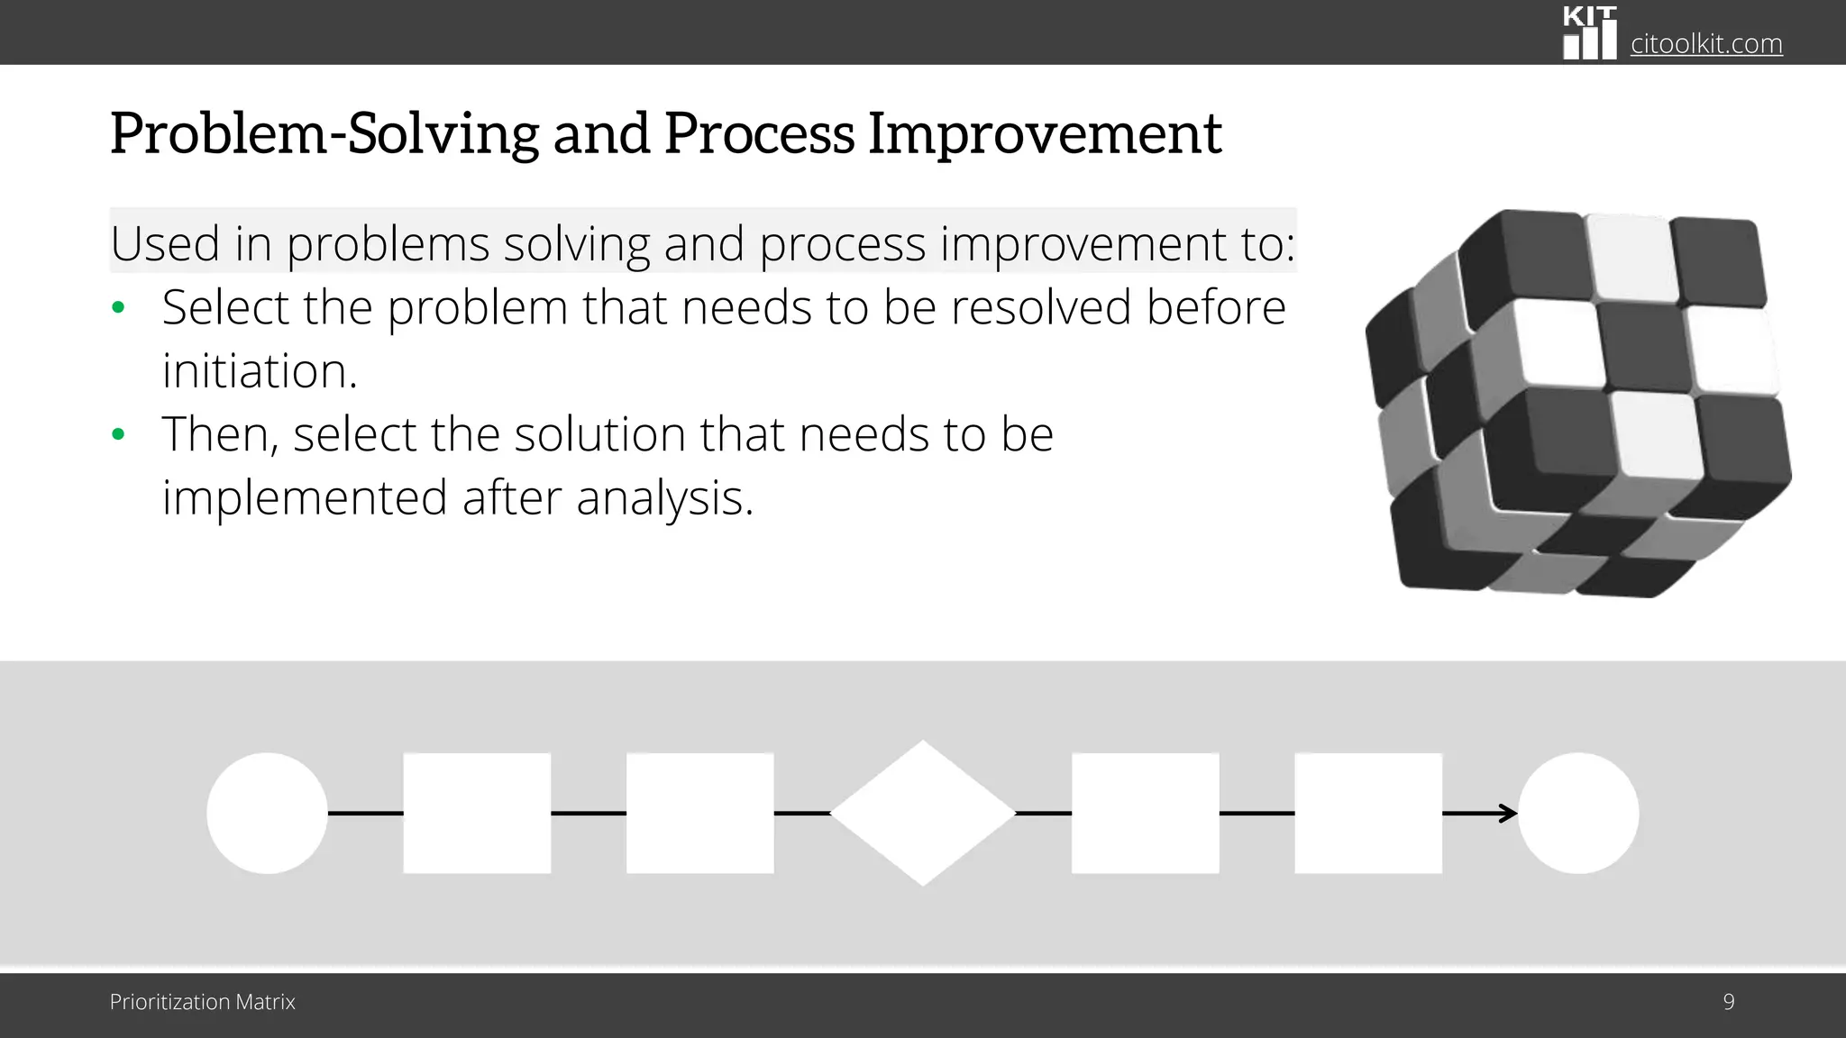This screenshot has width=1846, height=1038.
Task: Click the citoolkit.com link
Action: click(1706, 43)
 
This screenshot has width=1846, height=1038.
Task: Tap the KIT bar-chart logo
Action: click(1589, 33)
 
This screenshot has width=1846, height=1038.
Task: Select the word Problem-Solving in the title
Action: click(324, 133)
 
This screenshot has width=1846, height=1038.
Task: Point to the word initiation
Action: click(260, 370)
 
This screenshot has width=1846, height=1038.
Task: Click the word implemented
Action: click(305, 497)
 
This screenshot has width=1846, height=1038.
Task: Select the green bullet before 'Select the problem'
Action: click(118, 308)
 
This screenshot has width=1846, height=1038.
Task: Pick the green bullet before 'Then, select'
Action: click(118, 435)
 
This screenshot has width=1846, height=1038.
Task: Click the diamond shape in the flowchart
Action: click(922, 813)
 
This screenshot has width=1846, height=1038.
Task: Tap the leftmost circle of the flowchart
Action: click(267, 813)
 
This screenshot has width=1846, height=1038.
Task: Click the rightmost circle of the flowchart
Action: click(1577, 813)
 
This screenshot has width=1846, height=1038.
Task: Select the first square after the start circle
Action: click(477, 813)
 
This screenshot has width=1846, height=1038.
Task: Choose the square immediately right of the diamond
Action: click(1145, 813)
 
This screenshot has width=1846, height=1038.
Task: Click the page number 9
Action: click(1728, 1002)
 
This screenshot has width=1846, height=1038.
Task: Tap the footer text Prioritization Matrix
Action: click(202, 1002)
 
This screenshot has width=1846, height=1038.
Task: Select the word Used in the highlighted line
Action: click(165, 243)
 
